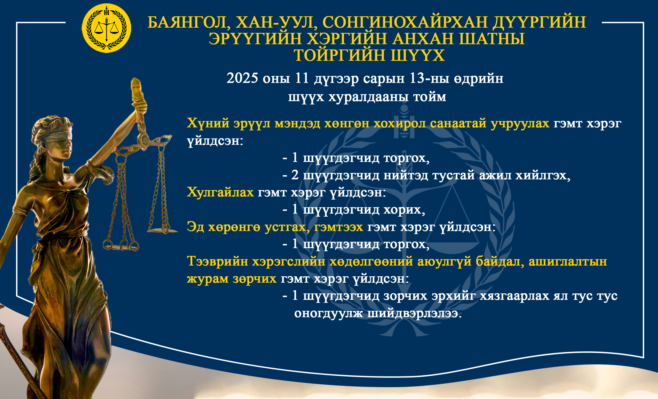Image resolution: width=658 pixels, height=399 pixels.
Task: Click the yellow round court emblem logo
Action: click(x=107, y=28)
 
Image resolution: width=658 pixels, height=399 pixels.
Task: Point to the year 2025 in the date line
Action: click(x=242, y=78)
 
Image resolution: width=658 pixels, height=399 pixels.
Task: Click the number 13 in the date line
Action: click(x=416, y=78)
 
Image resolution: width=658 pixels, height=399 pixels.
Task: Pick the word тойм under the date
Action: click(x=429, y=97)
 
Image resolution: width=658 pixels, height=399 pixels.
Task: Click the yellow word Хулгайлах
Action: click(x=220, y=192)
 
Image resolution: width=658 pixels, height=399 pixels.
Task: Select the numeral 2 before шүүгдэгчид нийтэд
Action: click(x=295, y=175)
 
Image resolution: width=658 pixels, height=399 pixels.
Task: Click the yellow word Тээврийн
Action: click(x=217, y=261)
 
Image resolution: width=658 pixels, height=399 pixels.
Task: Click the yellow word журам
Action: click(x=208, y=279)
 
